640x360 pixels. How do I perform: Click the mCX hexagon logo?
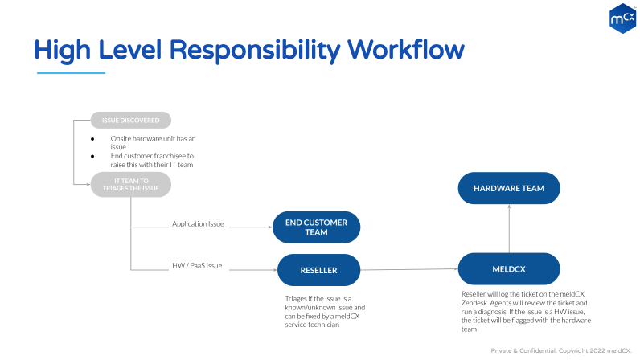tap(622, 17)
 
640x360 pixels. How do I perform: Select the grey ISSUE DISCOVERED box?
tap(130, 121)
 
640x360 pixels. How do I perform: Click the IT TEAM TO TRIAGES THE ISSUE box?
tap(130, 184)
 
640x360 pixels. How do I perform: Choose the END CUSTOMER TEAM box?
tap(316, 227)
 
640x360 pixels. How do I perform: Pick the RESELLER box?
tap(318, 270)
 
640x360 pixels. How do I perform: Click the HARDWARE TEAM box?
tap(508, 189)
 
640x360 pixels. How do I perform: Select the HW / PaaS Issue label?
tap(197, 265)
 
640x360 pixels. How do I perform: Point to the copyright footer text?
tap(560, 350)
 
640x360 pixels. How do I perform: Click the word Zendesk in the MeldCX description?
tap(478, 303)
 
